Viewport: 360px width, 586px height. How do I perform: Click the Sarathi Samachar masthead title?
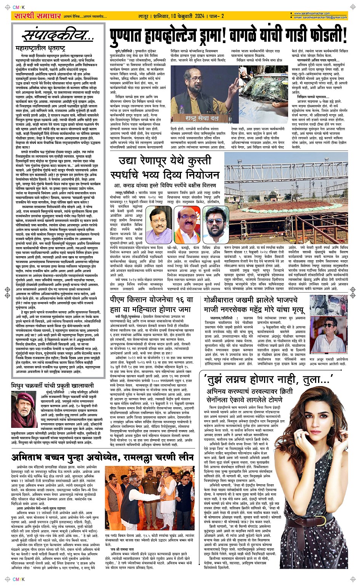[37, 16]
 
